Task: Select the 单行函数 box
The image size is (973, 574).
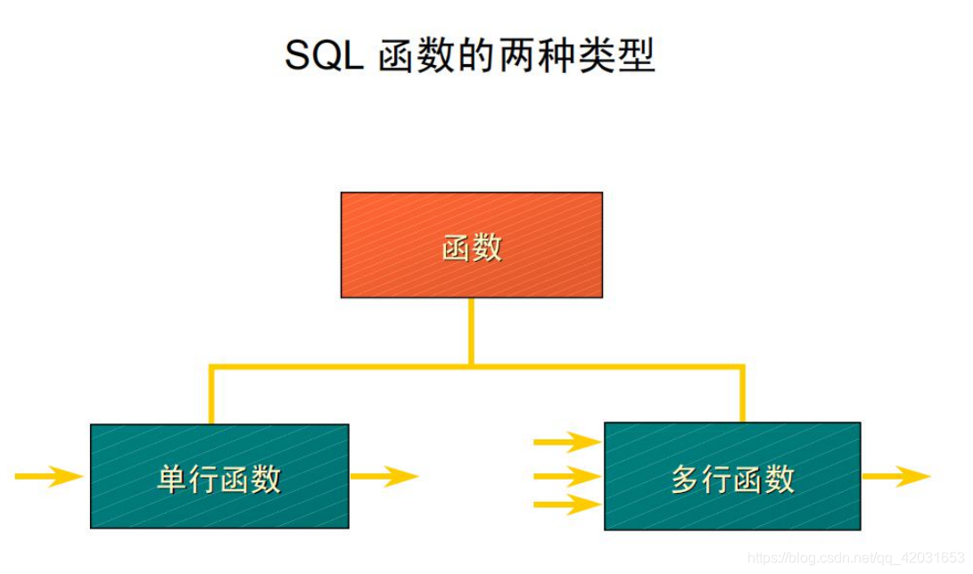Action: (x=219, y=476)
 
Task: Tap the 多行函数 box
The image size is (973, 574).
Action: (x=732, y=476)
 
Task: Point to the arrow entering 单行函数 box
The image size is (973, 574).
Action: (x=49, y=476)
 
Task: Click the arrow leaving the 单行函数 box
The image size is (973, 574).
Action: (x=384, y=476)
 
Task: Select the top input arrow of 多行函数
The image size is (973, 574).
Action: (x=566, y=441)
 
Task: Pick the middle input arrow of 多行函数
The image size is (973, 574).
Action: (x=566, y=476)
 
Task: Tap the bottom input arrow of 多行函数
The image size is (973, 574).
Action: (x=566, y=506)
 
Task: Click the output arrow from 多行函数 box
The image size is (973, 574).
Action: (x=896, y=476)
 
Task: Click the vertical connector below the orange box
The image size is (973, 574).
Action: (x=472, y=331)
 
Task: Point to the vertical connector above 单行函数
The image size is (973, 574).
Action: (x=211, y=395)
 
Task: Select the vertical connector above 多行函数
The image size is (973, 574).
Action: (x=742, y=393)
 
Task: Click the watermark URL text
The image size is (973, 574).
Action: (x=855, y=558)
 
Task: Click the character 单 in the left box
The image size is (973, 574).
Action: (x=172, y=479)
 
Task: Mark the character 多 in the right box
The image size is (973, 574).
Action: (x=686, y=479)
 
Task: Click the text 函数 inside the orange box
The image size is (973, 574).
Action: (x=472, y=247)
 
